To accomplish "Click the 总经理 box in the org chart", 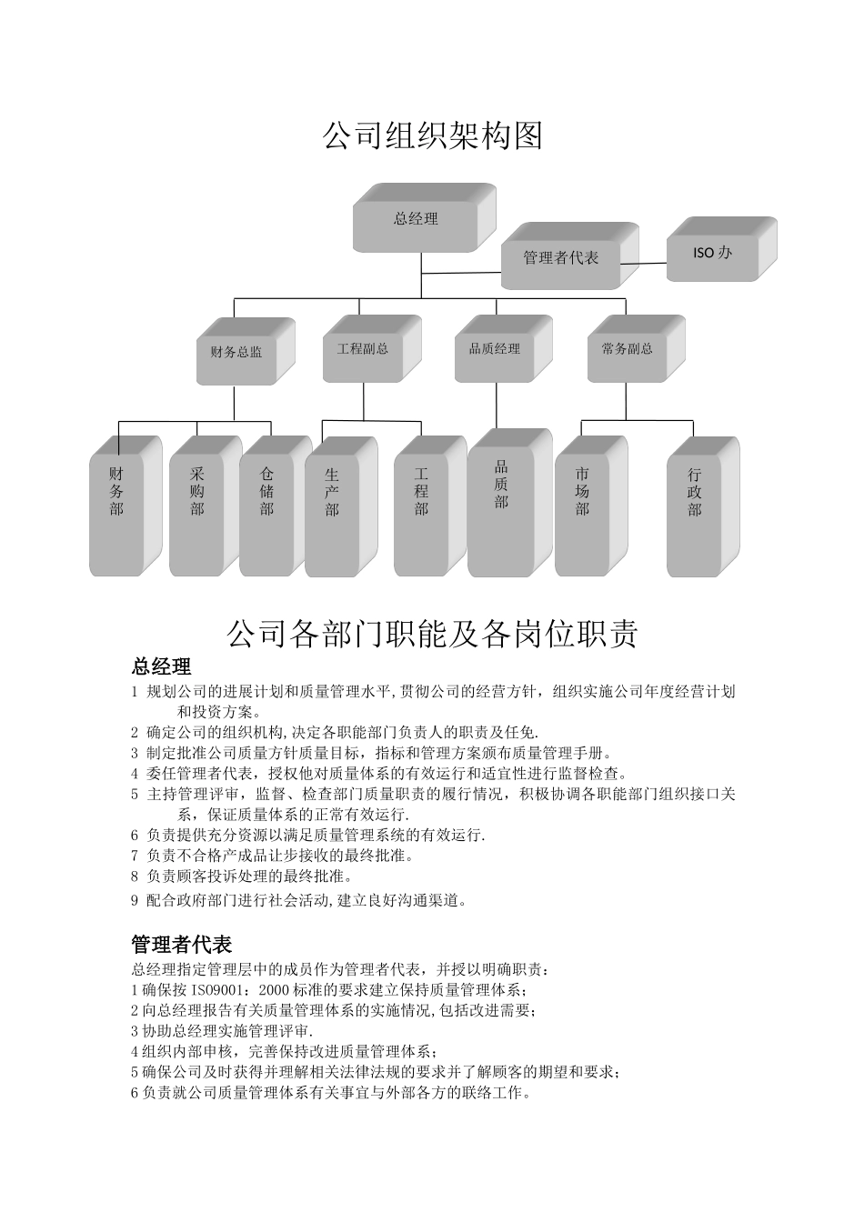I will (x=417, y=219).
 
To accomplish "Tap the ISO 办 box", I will (x=714, y=252).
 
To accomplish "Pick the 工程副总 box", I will (x=365, y=349).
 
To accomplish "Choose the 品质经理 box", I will (x=497, y=349).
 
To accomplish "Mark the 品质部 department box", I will (x=502, y=505).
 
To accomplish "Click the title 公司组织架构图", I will (x=432, y=136).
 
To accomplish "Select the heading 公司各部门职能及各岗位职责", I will (x=432, y=634).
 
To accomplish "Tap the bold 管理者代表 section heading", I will (x=182, y=944).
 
